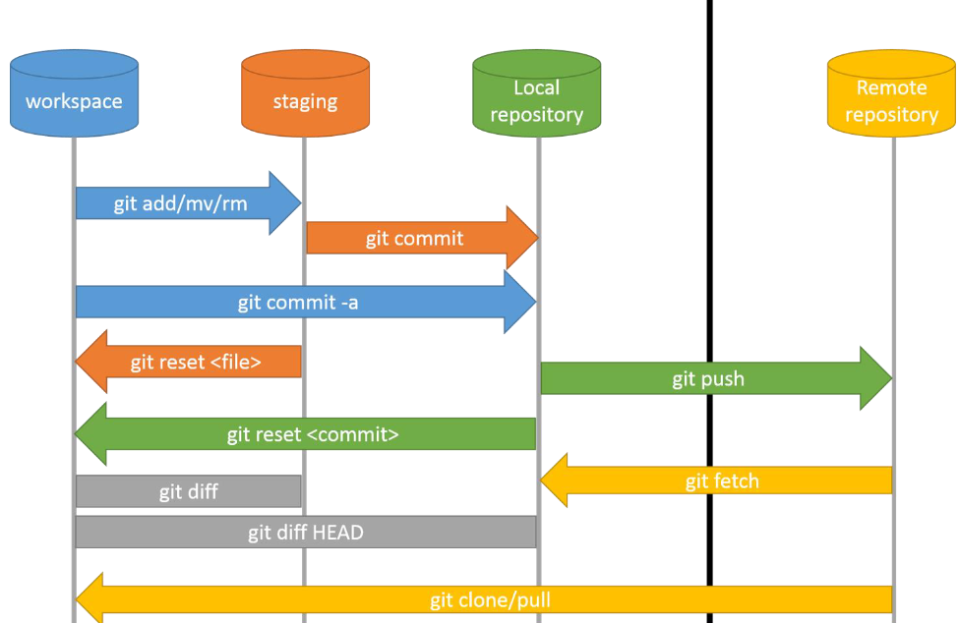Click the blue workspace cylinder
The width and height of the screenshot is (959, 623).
pyautogui.click(x=74, y=93)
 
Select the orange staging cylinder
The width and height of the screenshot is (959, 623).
pyautogui.click(x=305, y=93)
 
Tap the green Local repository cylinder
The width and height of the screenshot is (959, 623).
pyautogui.click(x=536, y=93)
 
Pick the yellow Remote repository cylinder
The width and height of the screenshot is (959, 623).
pyautogui.click(x=891, y=93)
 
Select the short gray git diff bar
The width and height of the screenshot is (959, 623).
pyautogui.click(x=188, y=491)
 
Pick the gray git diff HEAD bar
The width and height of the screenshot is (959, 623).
pyautogui.click(x=305, y=533)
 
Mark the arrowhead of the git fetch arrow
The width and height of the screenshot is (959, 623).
pyautogui.click(x=556, y=481)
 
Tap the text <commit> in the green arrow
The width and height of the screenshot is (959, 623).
pyautogui.click(x=359, y=434)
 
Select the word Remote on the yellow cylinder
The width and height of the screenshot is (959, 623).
pyautogui.click(x=891, y=87)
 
